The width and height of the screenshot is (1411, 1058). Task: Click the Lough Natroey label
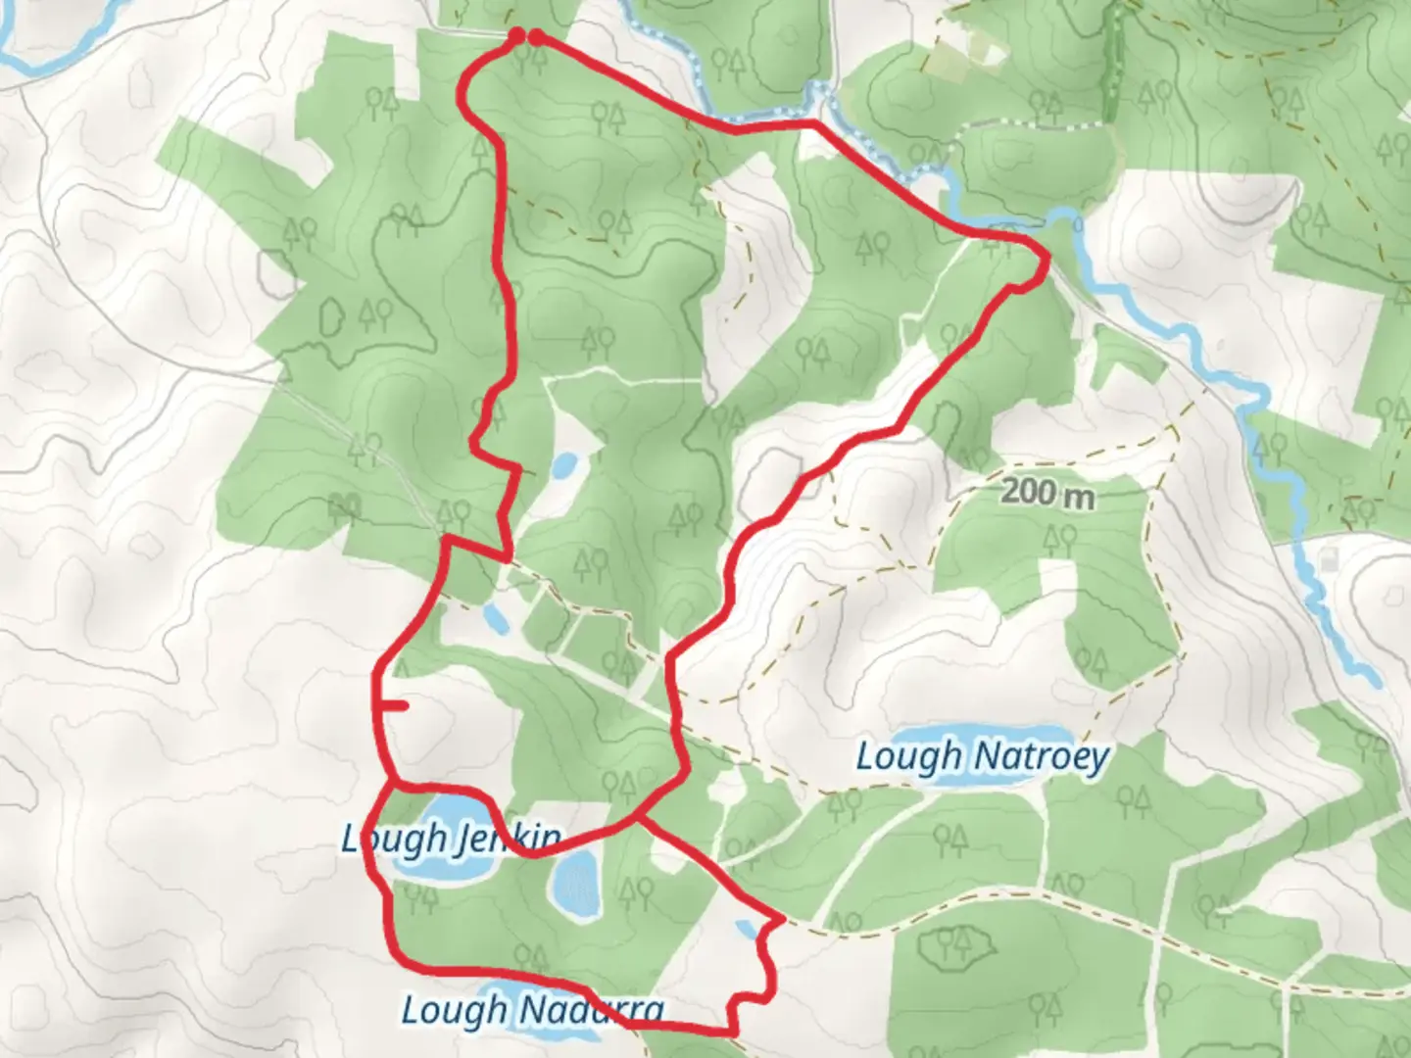[982, 757]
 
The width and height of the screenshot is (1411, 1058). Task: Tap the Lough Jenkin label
[451, 839]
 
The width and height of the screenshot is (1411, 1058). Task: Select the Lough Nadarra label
[532, 1010]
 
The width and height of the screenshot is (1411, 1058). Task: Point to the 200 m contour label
[1047, 495]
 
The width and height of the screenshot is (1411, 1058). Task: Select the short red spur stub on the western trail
[394, 705]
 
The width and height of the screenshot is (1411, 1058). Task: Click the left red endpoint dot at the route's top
[516, 37]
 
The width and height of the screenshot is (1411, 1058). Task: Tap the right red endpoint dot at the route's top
[535, 38]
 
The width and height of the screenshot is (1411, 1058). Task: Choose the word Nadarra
[588, 1010]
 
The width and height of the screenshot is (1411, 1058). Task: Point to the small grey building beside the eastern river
[1329, 560]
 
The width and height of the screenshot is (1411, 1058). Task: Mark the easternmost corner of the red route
[1047, 259]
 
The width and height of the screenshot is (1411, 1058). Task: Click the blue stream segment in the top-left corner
[49, 54]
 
